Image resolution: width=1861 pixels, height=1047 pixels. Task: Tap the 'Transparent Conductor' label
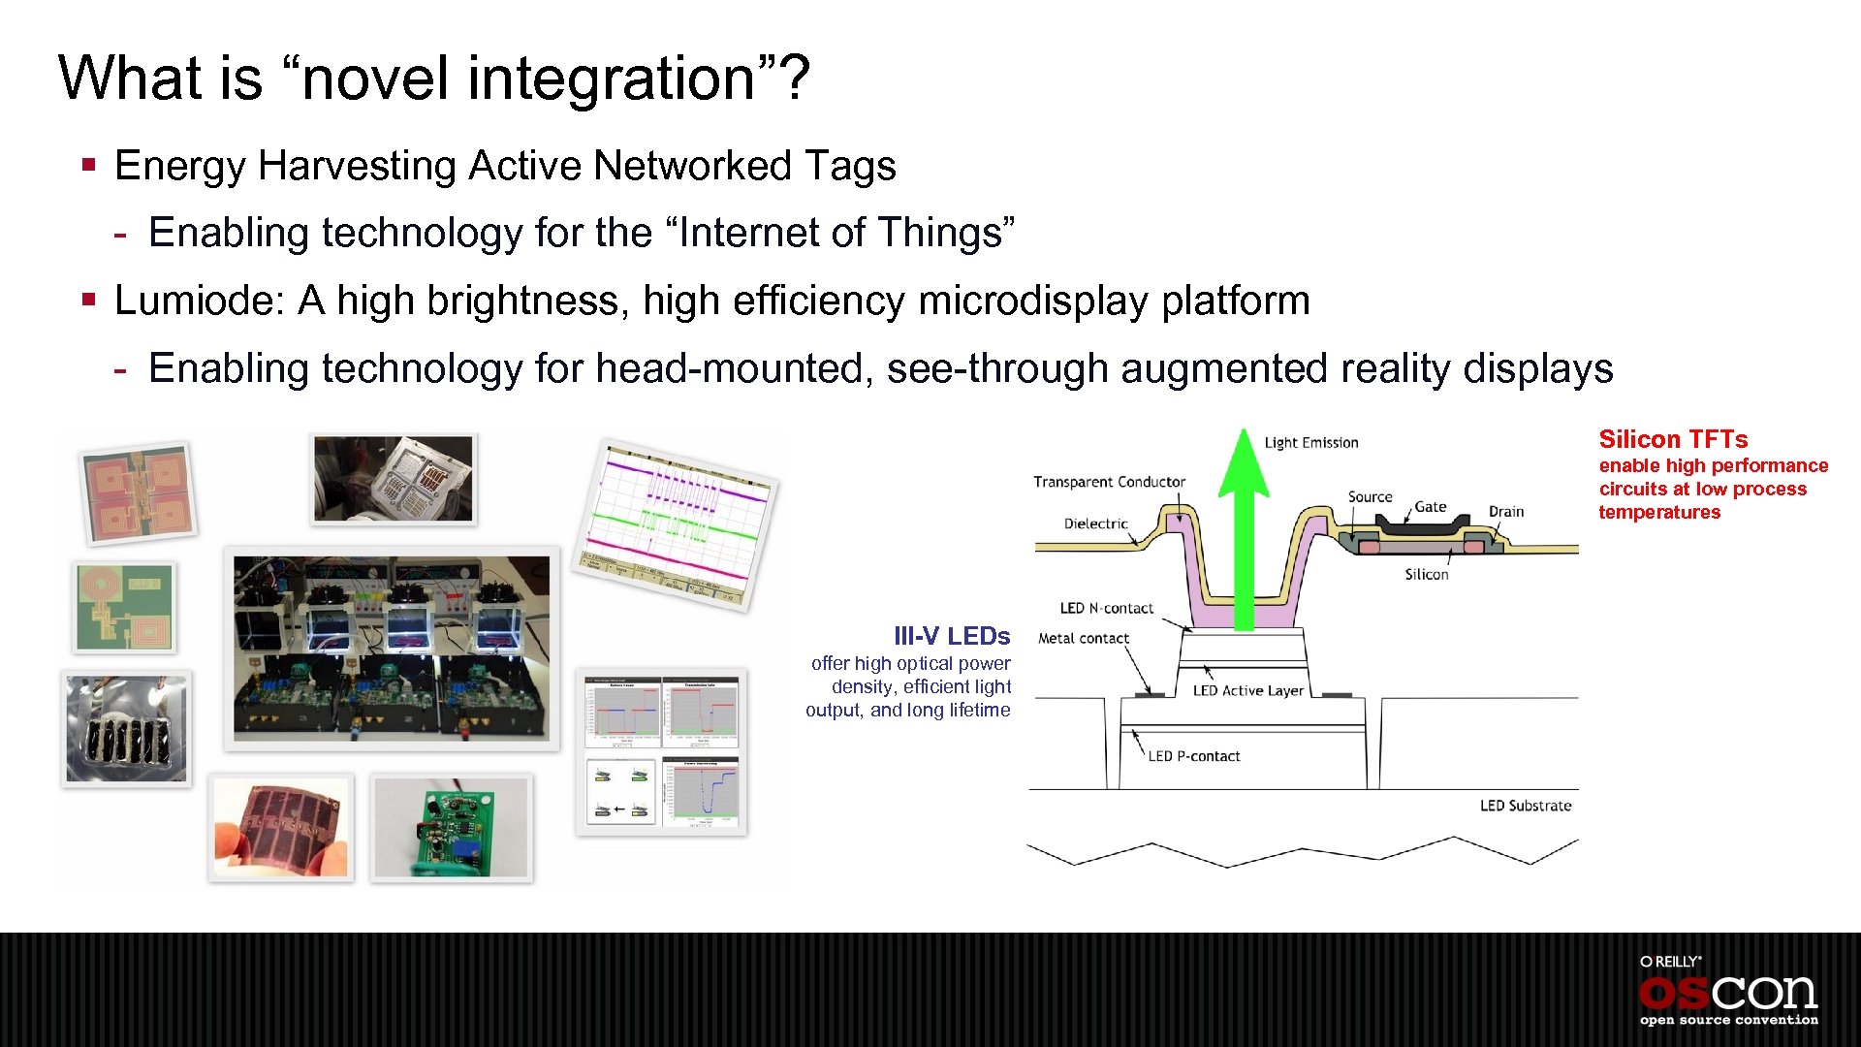point(1109,482)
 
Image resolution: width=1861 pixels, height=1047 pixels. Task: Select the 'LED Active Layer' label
point(1247,690)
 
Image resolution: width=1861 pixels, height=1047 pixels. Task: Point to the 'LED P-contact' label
point(1193,756)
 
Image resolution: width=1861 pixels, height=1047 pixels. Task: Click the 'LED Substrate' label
point(1525,806)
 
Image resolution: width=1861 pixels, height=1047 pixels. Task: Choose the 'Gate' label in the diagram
point(1430,506)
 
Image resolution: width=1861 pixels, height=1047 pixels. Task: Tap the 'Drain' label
point(1505,511)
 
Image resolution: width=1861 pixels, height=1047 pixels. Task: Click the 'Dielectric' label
point(1095,523)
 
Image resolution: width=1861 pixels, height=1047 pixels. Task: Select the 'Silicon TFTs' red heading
point(1673,439)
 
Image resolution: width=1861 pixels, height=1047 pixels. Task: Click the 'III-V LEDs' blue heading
point(951,636)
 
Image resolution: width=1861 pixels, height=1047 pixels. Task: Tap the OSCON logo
point(1728,992)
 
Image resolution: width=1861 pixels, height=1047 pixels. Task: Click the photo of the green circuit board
point(452,827)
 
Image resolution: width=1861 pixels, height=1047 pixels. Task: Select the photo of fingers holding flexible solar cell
point(281,827)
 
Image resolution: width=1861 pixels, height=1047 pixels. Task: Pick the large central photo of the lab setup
point(392,648)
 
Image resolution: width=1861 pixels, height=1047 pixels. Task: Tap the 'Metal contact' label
point(1083,638)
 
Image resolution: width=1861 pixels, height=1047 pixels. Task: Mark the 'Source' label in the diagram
point(1370,496)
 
